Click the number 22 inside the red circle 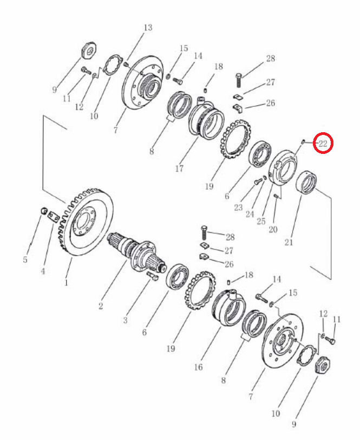pyautogui.click(x=323, y=144)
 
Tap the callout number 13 pyautogui.click(x=148, y=28)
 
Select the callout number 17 pyautogui.click(x=179, y=169)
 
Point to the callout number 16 pyautogui.click(x=198, y=367)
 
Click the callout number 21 pyautogui.click(x=289, y=242)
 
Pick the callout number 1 pyautogui.click(x=66, y=282)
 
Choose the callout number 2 pyautogui.click(x=101, y=306)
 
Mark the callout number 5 pyautogui.click(x=25, y=260)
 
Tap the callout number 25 pyautogui.click(x=261, y=221)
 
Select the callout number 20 pyautogui.click(x=273, y=229)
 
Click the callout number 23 pyautogui.click(x=238, y=208)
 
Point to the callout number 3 pyautogui.click(x=126, y=320)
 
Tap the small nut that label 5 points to pyautogui.click(x=43, y=210)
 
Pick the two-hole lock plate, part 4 pyautogui.click(x=53, y=217)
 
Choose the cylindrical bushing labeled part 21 pyautogui.click(x=307, y=182)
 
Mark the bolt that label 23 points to pyautogui.click(x=257, y=182)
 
